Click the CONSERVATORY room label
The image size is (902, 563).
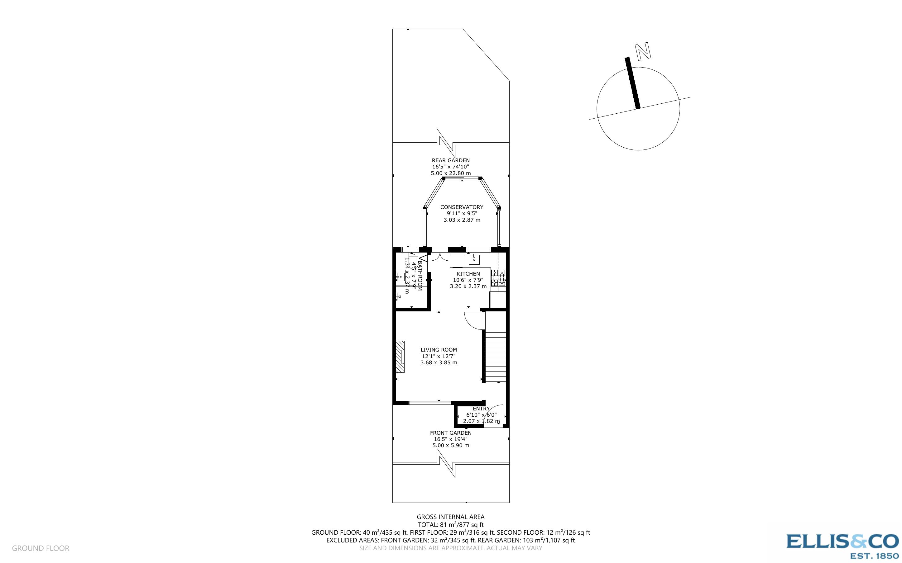[462, 207]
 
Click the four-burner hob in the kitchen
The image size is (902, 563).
[498, 278]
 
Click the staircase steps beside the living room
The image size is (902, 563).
[496, 357]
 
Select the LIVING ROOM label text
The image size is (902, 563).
[439, 350]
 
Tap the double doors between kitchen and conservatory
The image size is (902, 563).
[440, 257]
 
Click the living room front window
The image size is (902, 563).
[429, 403]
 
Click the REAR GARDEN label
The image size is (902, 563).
[450, 160]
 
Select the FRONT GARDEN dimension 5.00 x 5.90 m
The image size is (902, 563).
[450, 445]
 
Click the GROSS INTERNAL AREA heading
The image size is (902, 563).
[450, 517]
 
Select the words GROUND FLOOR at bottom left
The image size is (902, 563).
[41, 548]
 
